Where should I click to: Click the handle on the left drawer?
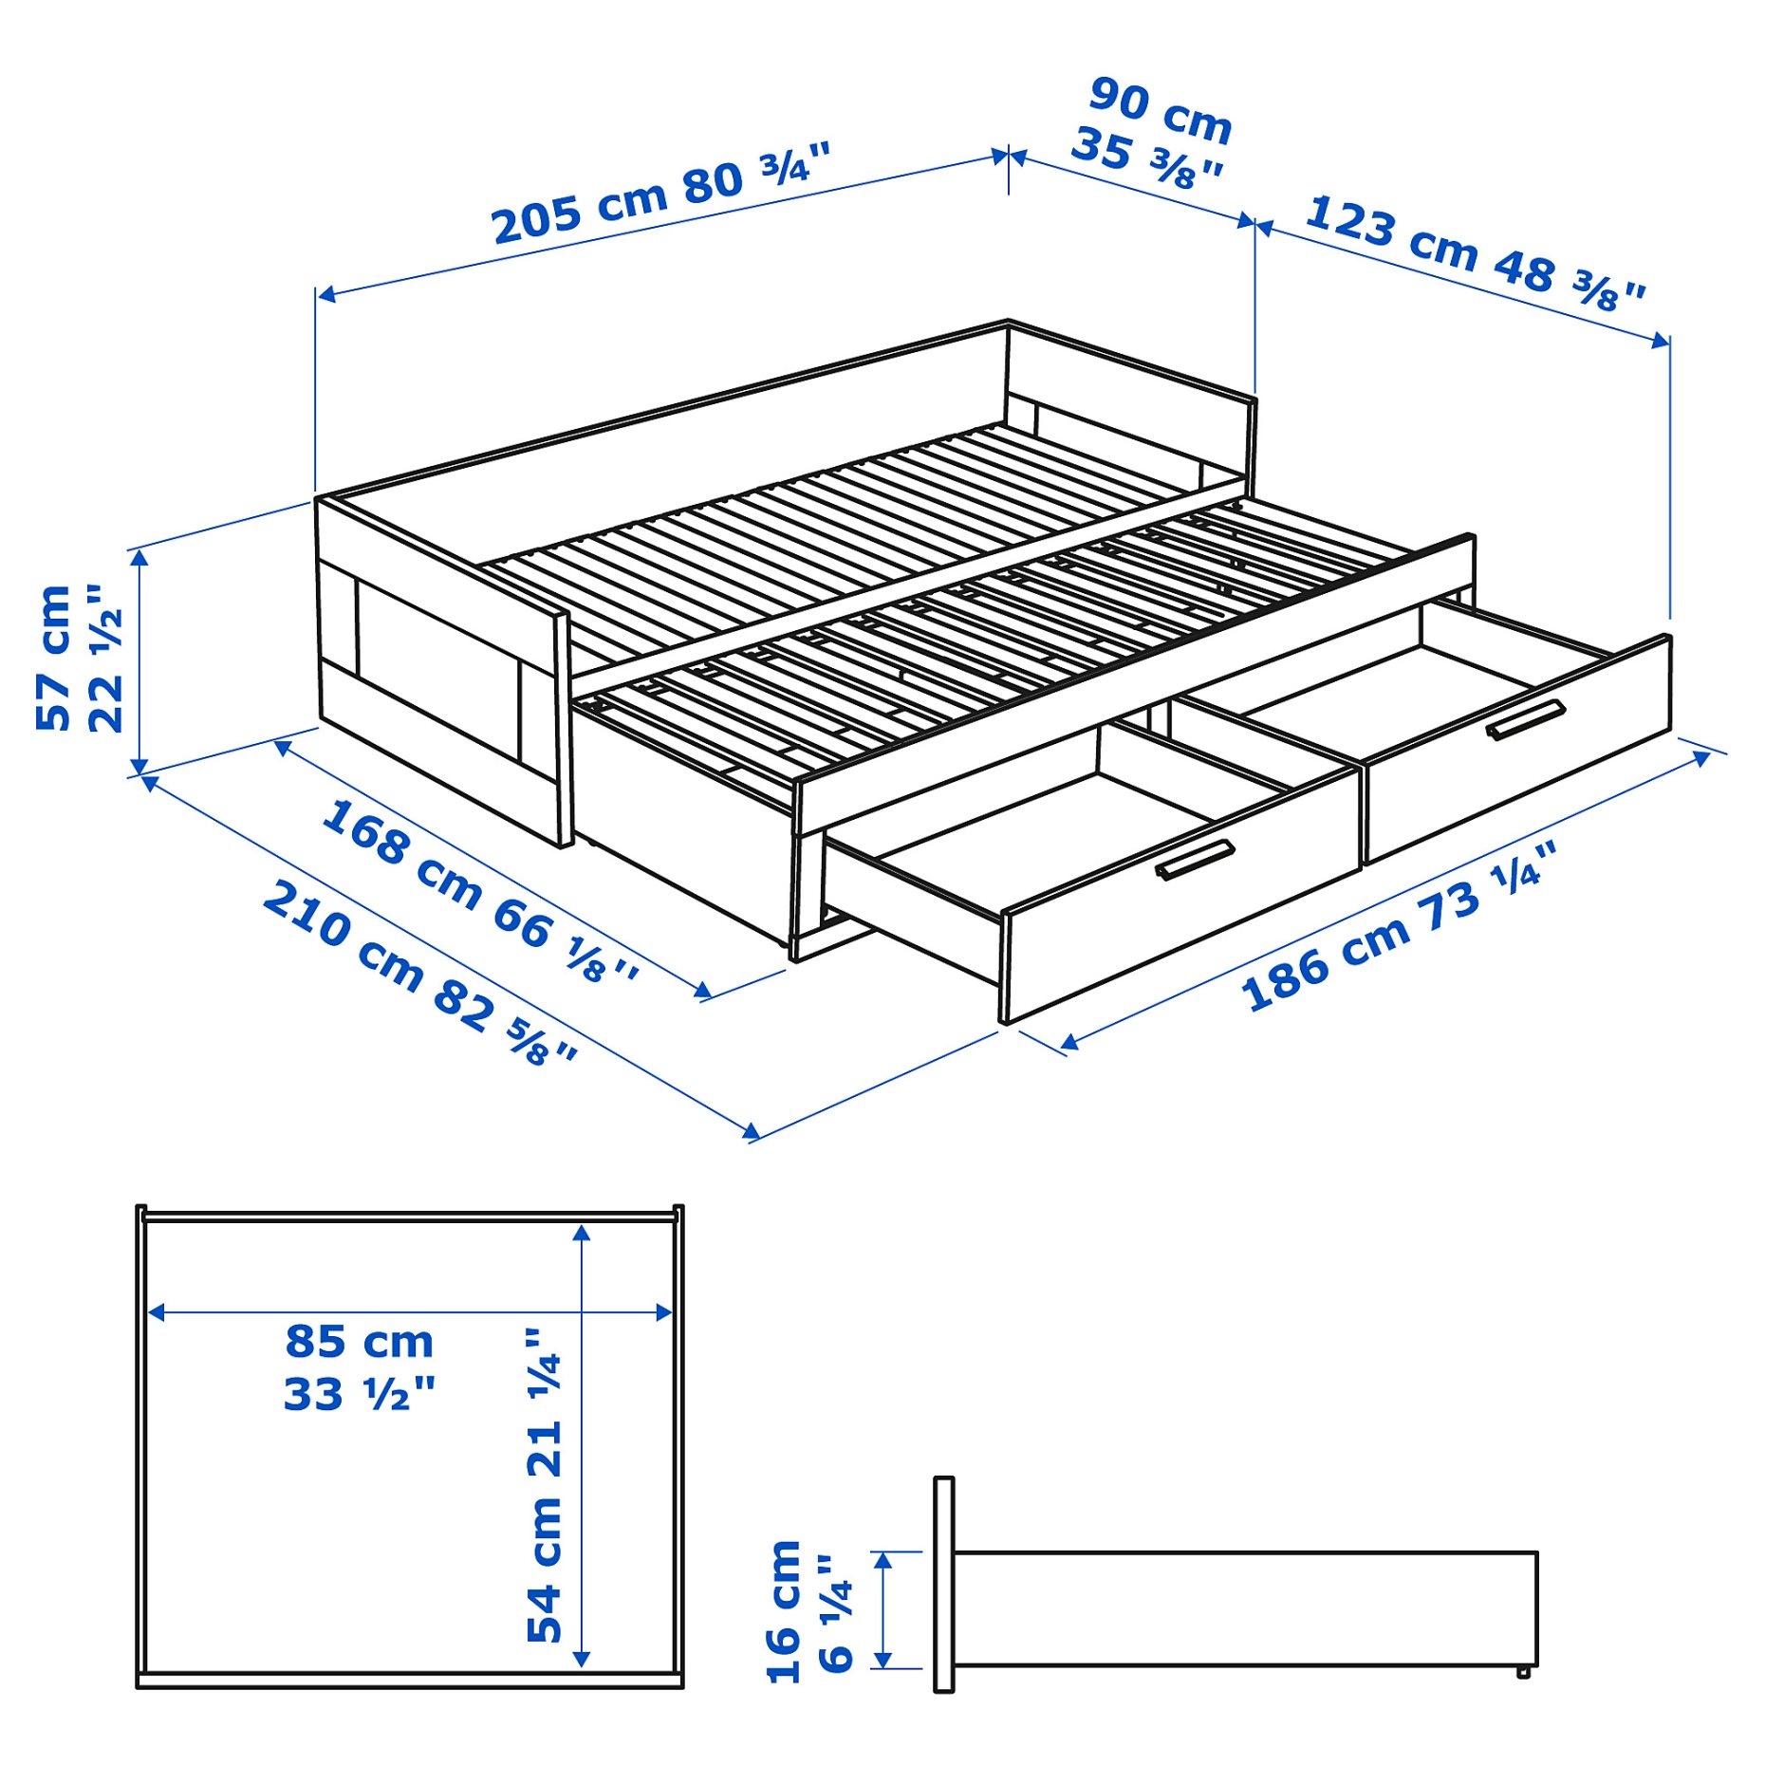click(1195, 860)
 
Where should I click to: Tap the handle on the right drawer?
click(1525, 719)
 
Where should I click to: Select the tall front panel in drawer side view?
click(943, 1584)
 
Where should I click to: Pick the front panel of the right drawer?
click(1518, 750)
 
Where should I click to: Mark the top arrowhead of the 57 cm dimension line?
click(139, 558)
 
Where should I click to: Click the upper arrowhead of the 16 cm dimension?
click(882, 1561)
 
